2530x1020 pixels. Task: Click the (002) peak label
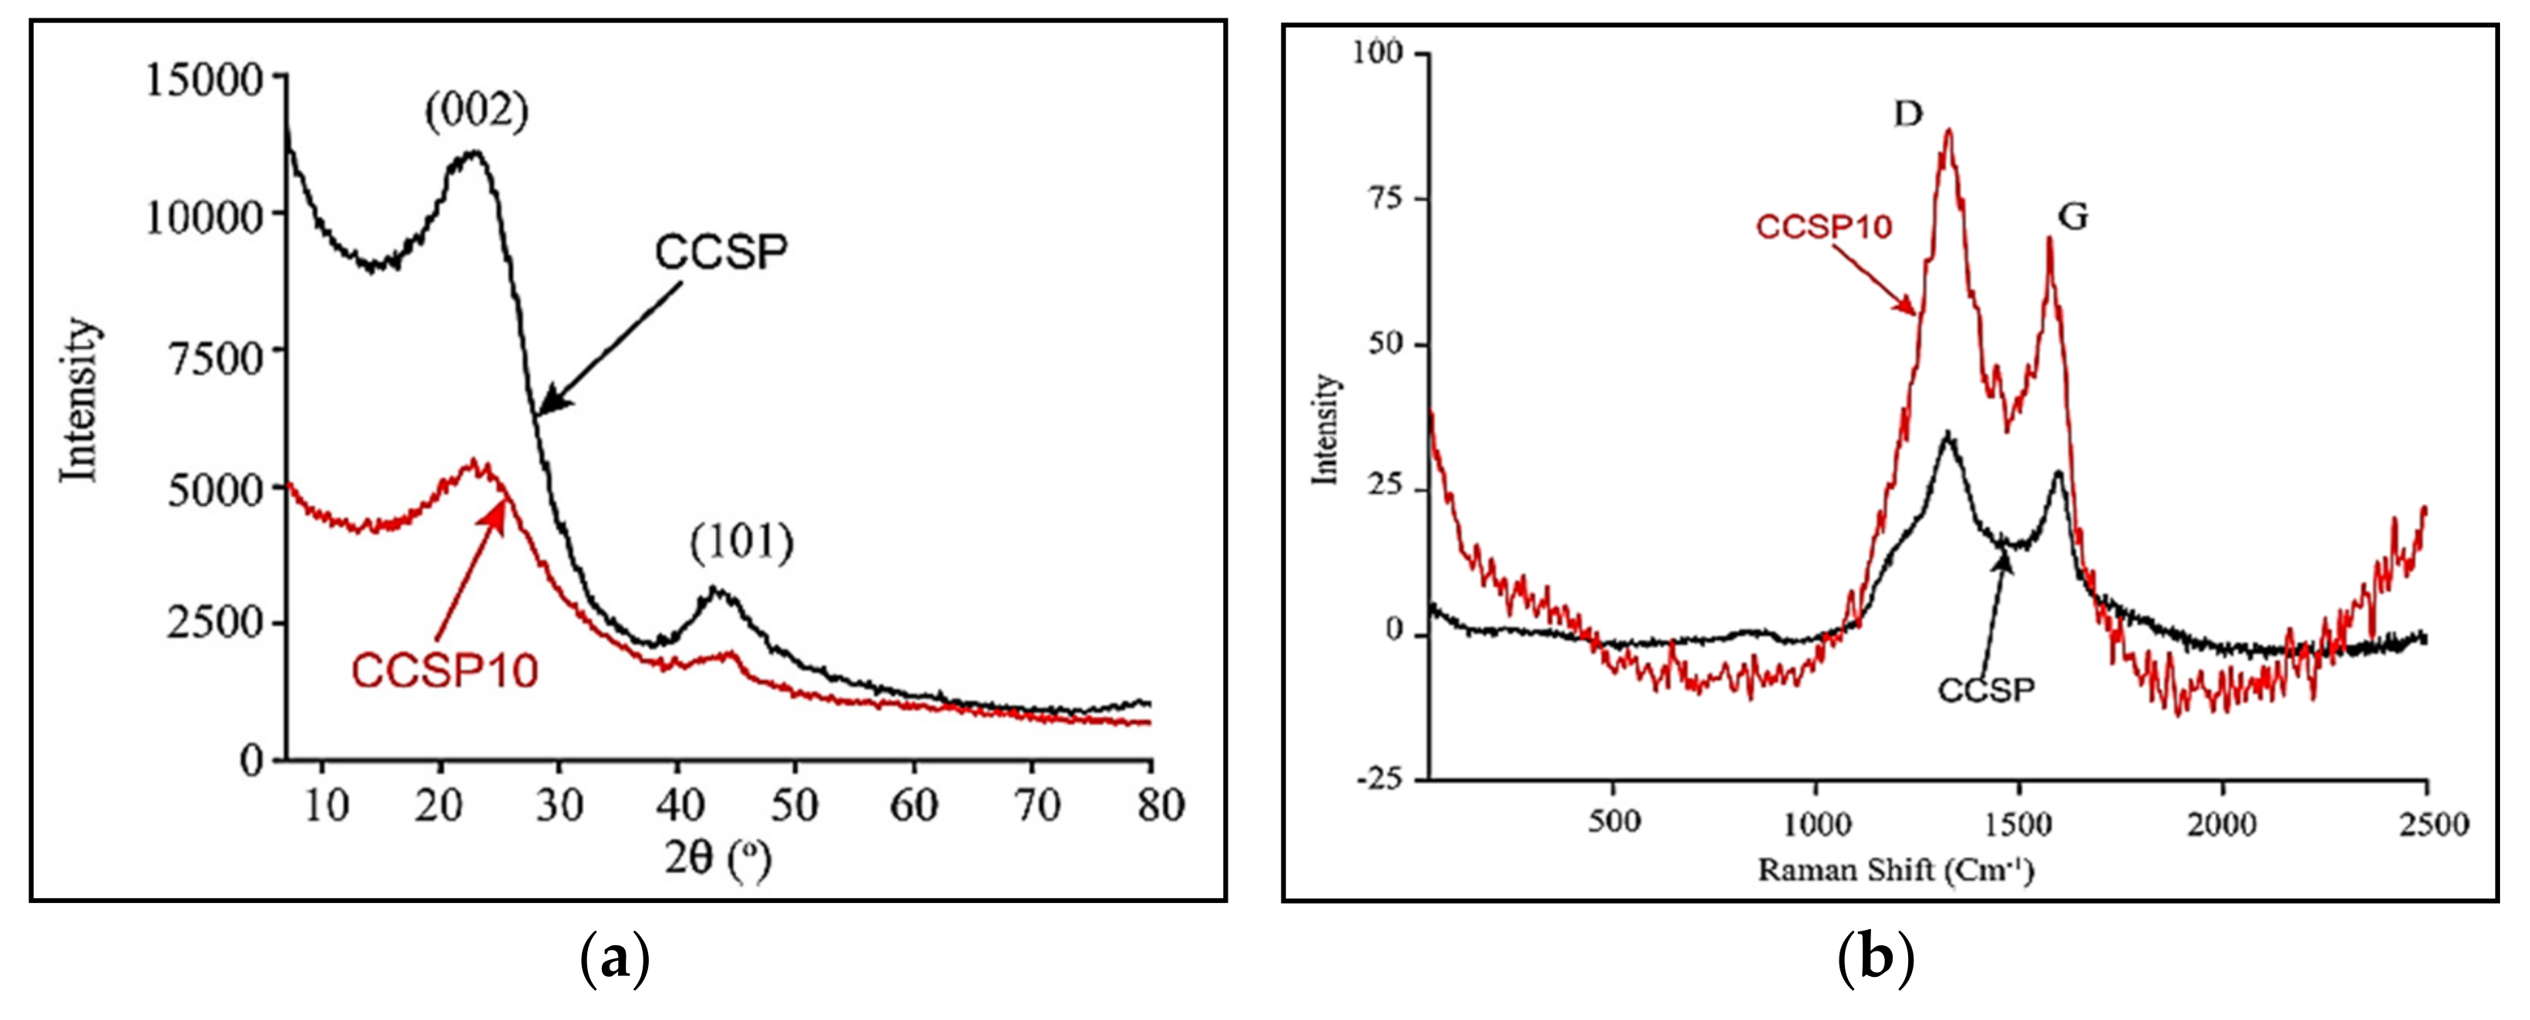pos(476,112)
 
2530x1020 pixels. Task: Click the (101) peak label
pos(741,543)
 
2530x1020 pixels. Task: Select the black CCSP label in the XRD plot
pos(721,252)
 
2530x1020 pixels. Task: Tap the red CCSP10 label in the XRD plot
pos(445,672)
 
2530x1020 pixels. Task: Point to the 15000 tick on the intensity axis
pos(205,79)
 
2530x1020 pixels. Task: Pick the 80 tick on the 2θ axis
pos(1160,805)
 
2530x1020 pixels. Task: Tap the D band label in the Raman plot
pos(1907,115)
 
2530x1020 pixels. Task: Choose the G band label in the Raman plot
pos(2072,216)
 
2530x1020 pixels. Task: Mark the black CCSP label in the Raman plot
pos(1986,690)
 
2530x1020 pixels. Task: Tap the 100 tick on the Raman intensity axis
pos(1378,52)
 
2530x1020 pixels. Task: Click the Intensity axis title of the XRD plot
pos(79,400)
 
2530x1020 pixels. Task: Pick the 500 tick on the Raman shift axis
pos(1614,820)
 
